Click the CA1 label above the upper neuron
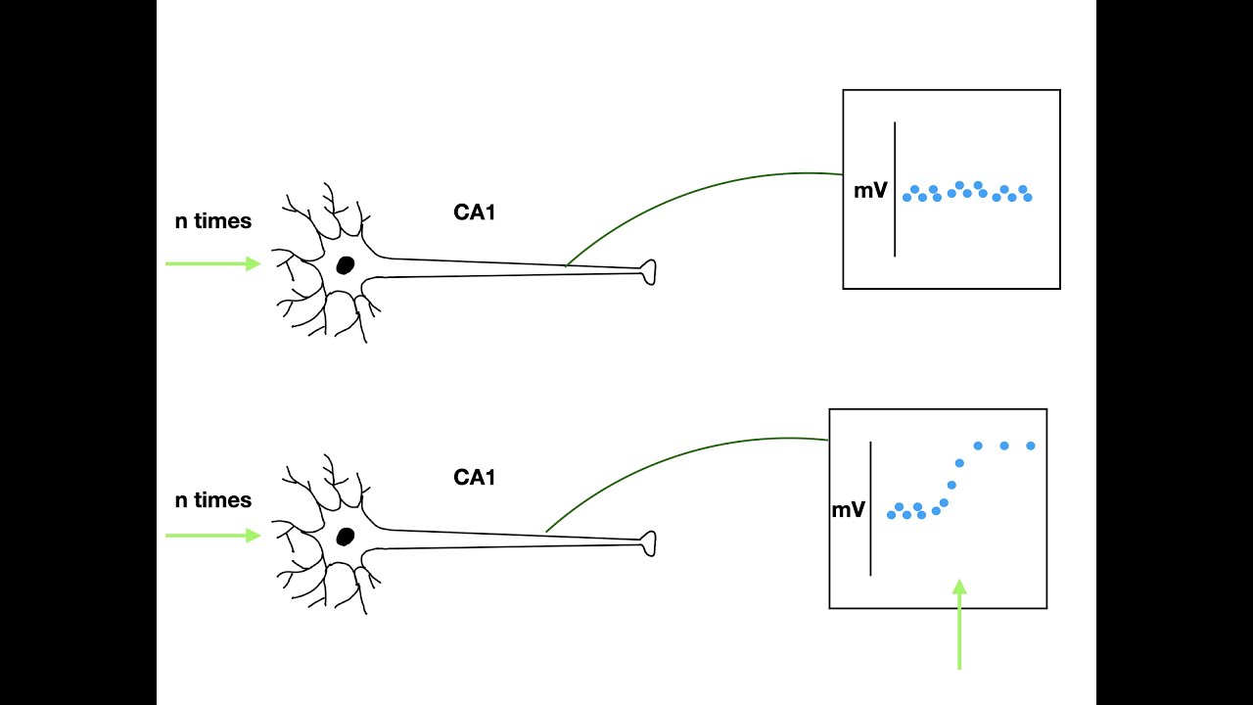pyautogui.click(x=475, y=212)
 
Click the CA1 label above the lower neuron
pyautogui.click(x=475, y=477)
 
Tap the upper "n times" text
pyautogui.click(x=213, y=221)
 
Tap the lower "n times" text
pyautogui.click(x=213, y=499)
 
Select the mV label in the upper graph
pyautogui.click(x=870, y=191)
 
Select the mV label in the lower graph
pyautogui.click(x=849, y=510)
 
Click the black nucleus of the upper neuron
pyautogui.click(x=346, y=265)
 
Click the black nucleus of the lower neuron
pyautogui.click(x=346, y=537)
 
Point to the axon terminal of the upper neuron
pyautogui.click(x=649, y=272)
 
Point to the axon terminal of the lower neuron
pyautogui.click(x=649, y=543)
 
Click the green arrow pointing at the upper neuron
pyautogui.click(x=213, y=263)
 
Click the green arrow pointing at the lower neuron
pyautogui.click(x=213, y=536)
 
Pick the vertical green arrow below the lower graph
pyautogui.click(x=959, y=625)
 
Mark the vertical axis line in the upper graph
pyautogui.click(x=895, y=189)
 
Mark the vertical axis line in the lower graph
pyautogui.click(x=870, y=508)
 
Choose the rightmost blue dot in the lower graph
pyautogui.click(x=1031, y=446)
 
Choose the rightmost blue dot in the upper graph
pyautogui.click(x=1028, y=198)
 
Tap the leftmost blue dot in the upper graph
pyautogui.click(x=906, y=198)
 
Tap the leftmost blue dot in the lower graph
pyautogui.click(x=891, y=515)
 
